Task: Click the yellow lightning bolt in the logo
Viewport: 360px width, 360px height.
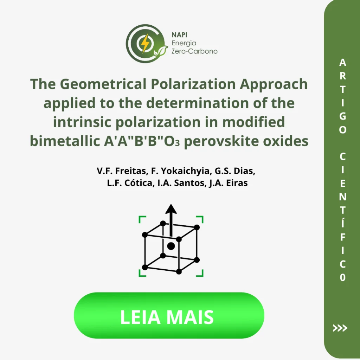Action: click(145, 43)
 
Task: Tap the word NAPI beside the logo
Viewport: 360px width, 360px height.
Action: click(179, 35)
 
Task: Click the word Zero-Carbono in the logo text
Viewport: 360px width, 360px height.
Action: click(194, 51)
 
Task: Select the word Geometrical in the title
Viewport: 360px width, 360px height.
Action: click(103, 84)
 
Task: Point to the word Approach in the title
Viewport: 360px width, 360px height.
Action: click(274, 84)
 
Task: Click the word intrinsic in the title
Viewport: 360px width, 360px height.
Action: click(82, 122)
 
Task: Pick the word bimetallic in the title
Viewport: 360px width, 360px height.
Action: click(65, 141)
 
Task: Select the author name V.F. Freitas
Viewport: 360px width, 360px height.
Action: click(123, 171)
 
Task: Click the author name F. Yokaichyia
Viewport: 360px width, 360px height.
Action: click(181, 171)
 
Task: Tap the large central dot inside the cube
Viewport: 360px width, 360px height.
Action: click(171, 246)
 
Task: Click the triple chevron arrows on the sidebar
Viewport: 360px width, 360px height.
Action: click(340, 328)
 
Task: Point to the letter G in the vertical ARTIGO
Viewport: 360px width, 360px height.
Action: click(342, 116)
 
